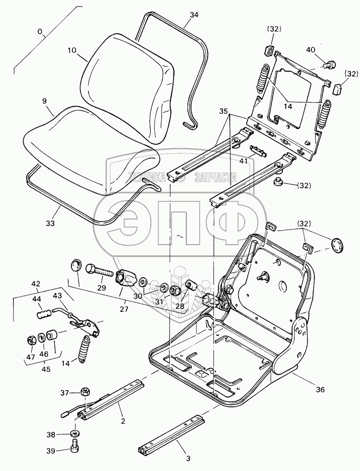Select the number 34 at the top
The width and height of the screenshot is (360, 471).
(194, 15)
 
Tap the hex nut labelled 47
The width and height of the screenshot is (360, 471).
(32, 339)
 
